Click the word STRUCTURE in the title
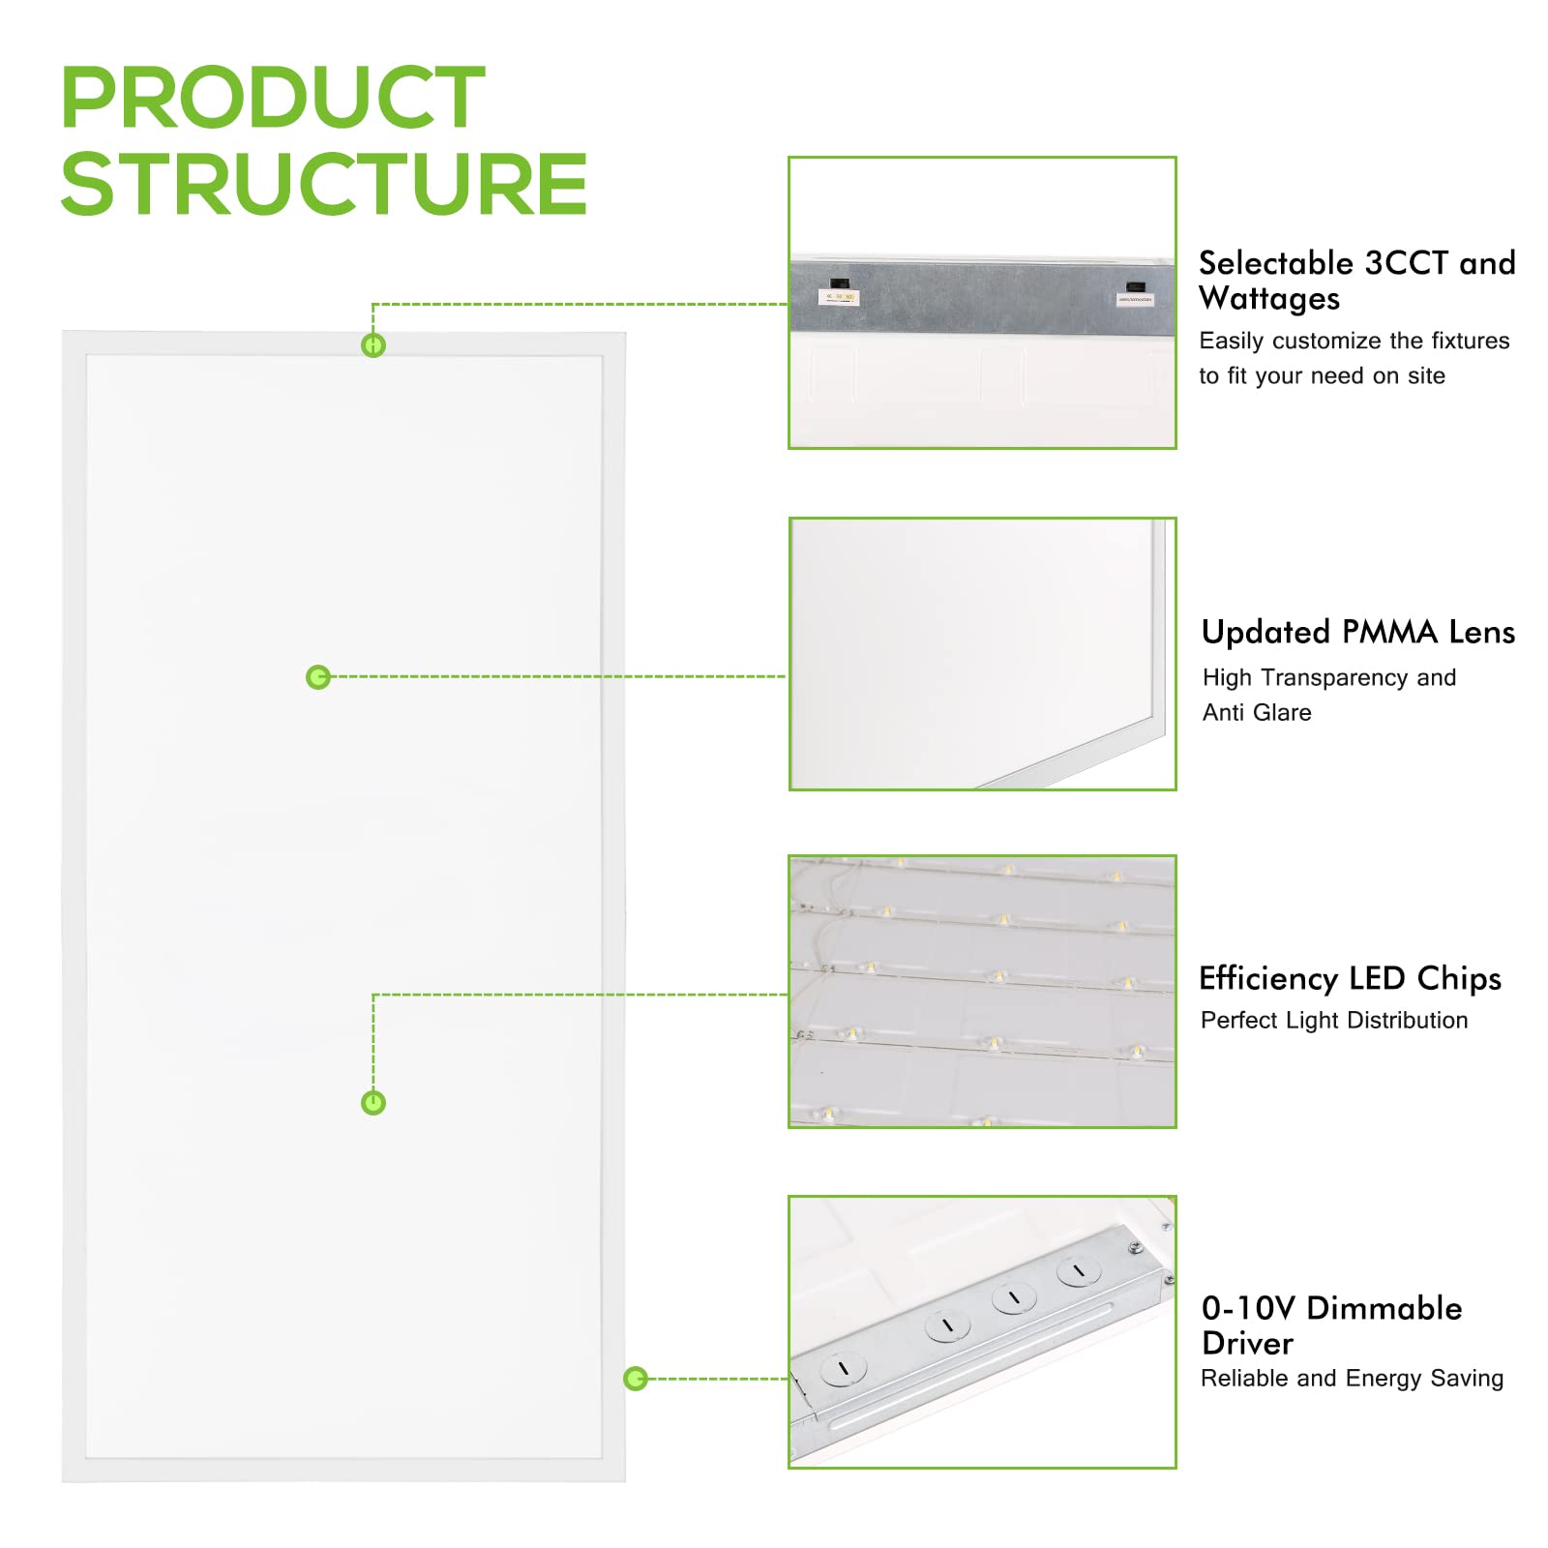tap(324, 184)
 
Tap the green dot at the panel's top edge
tap(373, 345)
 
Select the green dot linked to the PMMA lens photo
tap(318, 677)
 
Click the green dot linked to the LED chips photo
tap(373, 1103)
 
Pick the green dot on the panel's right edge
tap(636, 1379)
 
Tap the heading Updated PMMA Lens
tap(1357, 633)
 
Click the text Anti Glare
tap(1257, 713)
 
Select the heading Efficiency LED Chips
tap(1350, 978)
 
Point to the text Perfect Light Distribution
tap(1334, 1021)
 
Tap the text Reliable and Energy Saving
tap(1352, 1379)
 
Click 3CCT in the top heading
tap(1406, 263)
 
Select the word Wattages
tap(1269, 299)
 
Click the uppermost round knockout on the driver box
tap(1079, 1271)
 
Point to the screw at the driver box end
tap(1136, 1248)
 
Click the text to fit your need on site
tap(1322, 376)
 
